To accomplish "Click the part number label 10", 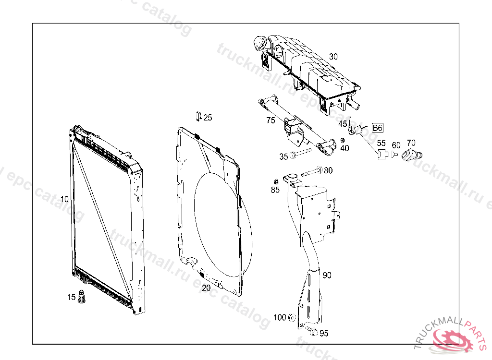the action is coord(64,199).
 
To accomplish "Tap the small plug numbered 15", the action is coord(82,296).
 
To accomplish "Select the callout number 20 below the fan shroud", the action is coord(206,288).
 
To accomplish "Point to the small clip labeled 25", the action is coord(198,116).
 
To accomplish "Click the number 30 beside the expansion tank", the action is coord(333,57).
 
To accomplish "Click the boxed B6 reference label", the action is coord(378,128).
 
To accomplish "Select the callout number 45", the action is coord(343,124).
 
